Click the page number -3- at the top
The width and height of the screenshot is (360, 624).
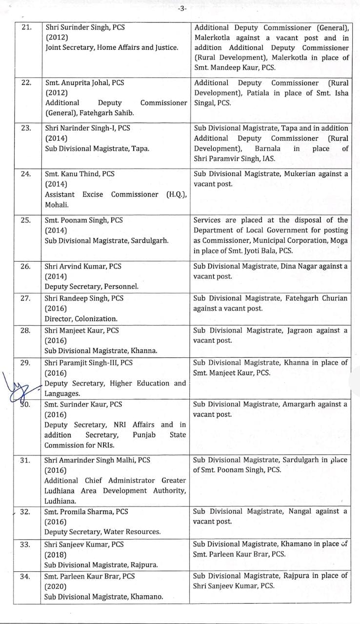181,9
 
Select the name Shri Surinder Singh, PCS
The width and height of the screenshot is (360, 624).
85,27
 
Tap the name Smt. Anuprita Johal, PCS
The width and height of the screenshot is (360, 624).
84,82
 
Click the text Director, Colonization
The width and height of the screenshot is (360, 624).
81,319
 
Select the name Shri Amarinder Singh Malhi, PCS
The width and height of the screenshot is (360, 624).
97,460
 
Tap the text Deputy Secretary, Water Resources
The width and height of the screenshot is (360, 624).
102,532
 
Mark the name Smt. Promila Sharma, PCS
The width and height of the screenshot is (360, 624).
86,511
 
